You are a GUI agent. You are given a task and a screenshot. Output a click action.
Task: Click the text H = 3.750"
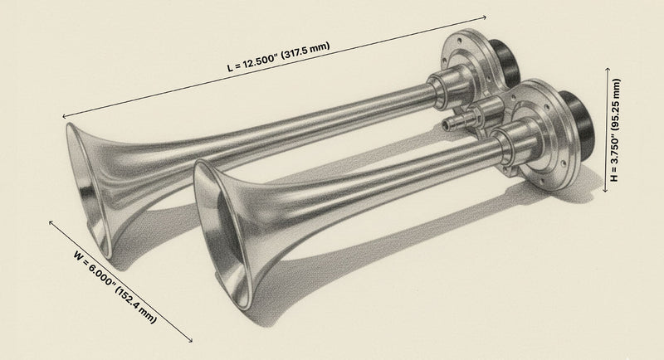tap(616, 158)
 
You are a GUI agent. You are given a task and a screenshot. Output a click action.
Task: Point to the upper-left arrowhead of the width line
tap(51, 222)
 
